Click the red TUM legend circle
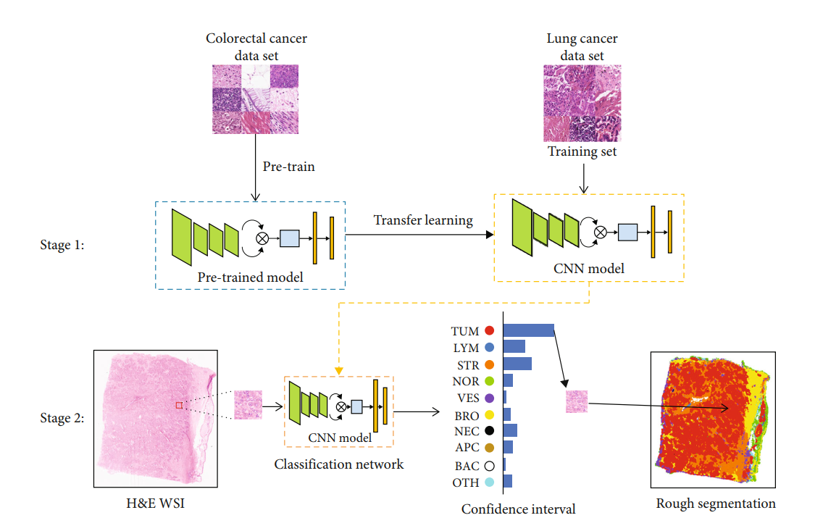(489, 331)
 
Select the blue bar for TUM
(528, 330)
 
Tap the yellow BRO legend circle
(489, 416)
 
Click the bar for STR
(517, 364)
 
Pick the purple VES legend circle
(489, 398)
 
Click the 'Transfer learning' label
(423, 220)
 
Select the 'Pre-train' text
(288, 167)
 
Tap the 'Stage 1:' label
(62, 245)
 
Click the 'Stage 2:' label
(62, 418)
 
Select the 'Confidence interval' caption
(518, 509)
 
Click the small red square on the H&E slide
(178, 405)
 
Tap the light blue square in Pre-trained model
(289, 237)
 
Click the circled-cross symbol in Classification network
(341, 406)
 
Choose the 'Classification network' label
(339, 464)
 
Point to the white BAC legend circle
(489, 466)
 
